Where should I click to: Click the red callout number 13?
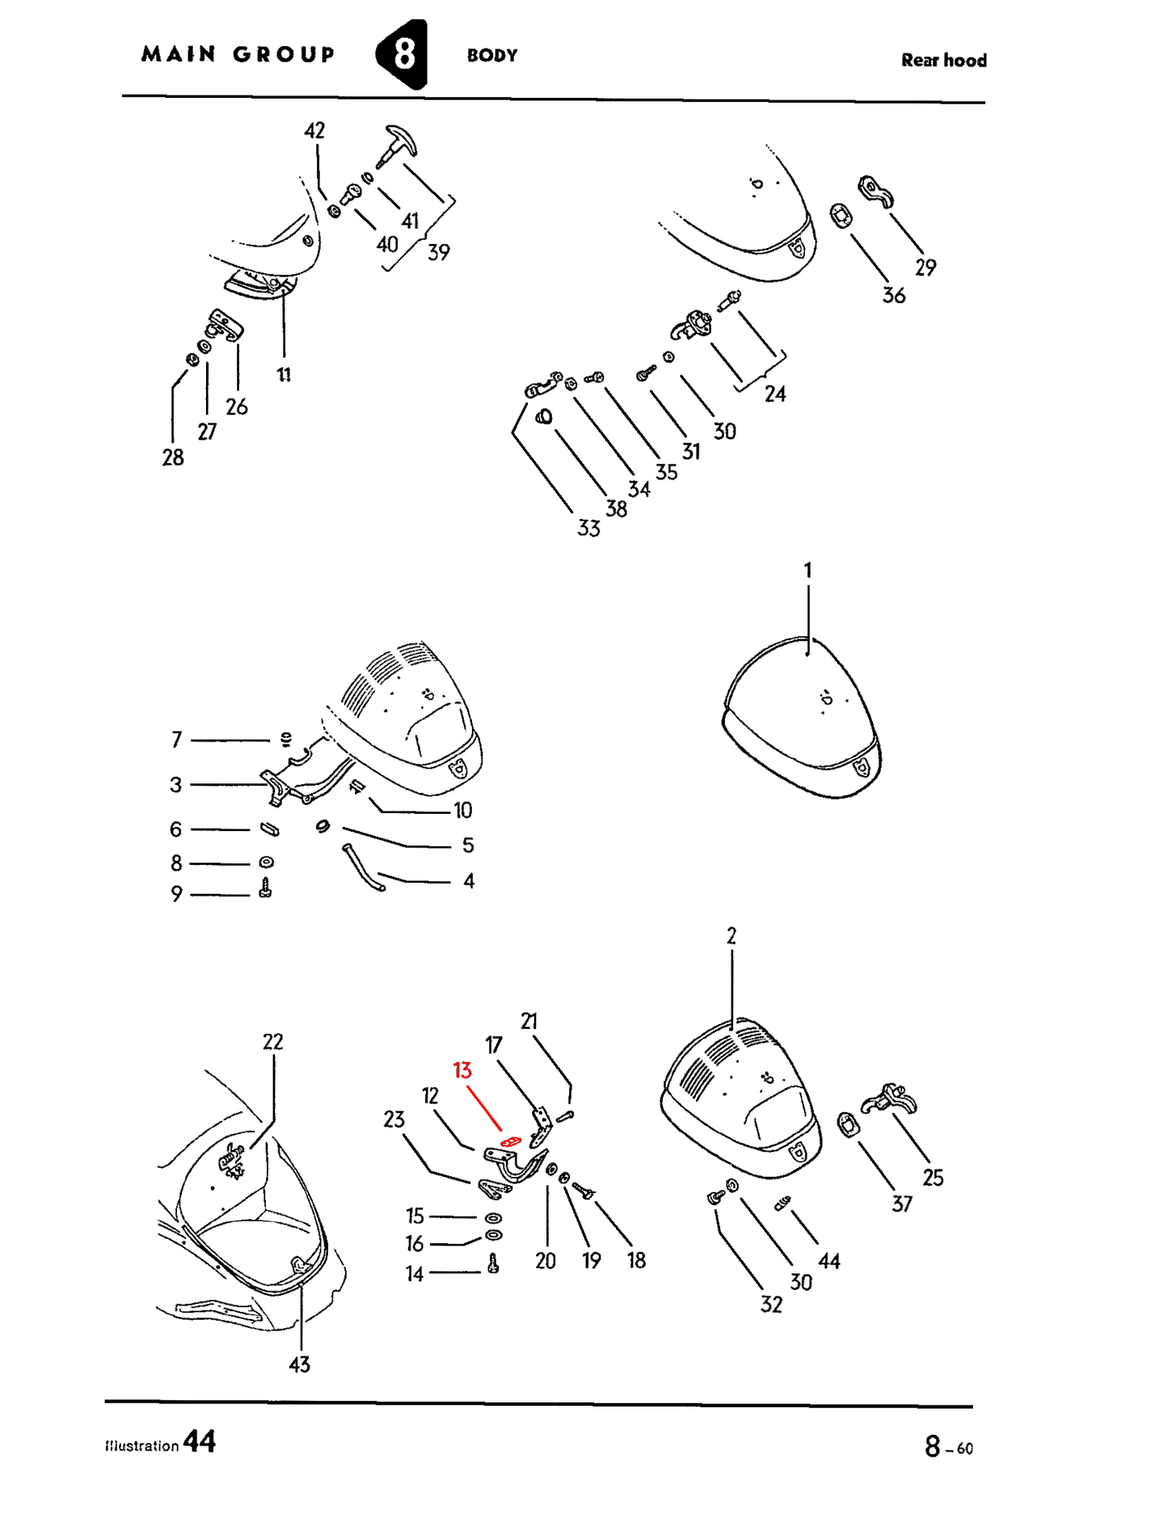[x=462, y=1070]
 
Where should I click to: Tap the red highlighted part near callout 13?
[x=510, y=1141]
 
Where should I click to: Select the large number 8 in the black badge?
[x=404, y=54]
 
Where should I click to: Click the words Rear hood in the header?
[x=943, y=61]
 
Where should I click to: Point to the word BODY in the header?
[x=492, y=56]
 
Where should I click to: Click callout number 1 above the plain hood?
[x=807, y=570]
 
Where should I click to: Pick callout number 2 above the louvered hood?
[x=732, y=936]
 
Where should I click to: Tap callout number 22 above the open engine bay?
[x=273, y=1042]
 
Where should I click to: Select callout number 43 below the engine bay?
[x=299, y=1364]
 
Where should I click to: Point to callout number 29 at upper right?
[x=926, y=268]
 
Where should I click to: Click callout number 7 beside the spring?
[x=177, y=740]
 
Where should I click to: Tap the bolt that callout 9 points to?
[x=265, y=889]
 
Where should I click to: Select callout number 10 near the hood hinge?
[x=462, y=810]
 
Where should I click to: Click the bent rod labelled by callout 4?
[x=363, y=867]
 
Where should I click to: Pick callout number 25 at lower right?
[x=933, y=1178]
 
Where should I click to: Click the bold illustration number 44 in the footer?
[x=200, y=1441]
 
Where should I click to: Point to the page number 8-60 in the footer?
[x=949, y=1446]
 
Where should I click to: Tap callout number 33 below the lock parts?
[x=588, y=529]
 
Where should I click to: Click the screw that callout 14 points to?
[x=494, y=1263]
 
